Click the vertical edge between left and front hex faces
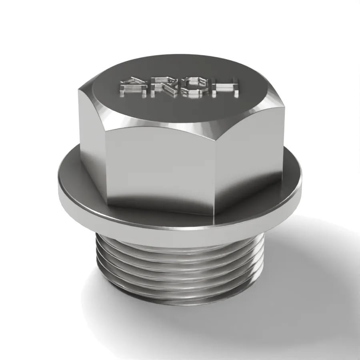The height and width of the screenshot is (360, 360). click(x=106, y=165)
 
